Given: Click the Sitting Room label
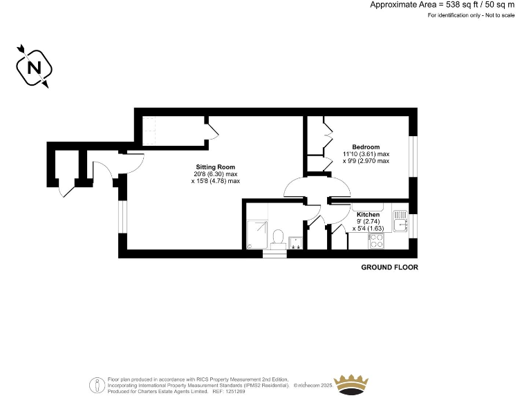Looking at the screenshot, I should pyautogui.click(x=216, y=167).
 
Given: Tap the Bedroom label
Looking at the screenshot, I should pyautogui.click(x=366, y=146).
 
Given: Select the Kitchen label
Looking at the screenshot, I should pyautogui.click(x=368, y=215).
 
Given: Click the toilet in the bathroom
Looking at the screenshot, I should pyautogui.click(x=278, y=237).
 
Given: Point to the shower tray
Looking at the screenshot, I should pyautogui.click(x=258, y=234).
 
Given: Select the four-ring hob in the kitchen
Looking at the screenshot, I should pyautogui.click(x=378, y=240).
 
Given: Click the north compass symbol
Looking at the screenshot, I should pyautogui.click(x=32, y=66).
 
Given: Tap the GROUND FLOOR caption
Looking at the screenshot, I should pyautogui.click(x=390, y=267).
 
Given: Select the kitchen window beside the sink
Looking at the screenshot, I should pyautogui.click(x=413, y=225).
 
